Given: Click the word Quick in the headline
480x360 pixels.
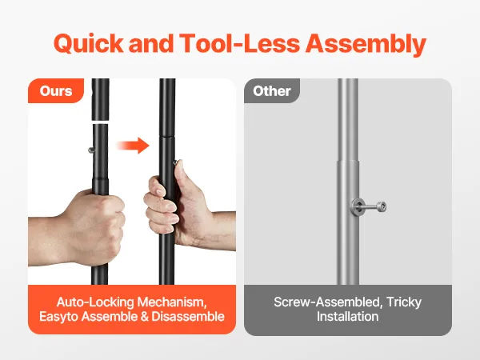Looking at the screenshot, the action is click(89, 43).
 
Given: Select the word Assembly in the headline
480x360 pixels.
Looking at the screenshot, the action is click(366, 44).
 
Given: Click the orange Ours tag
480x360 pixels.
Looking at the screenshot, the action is click(56, 91).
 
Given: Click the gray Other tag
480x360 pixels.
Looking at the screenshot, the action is click(272, 91).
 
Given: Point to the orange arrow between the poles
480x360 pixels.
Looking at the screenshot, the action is click(133, 145).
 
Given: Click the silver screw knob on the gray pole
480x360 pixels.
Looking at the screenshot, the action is click(368, 206).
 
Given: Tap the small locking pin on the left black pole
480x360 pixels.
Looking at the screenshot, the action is click(91, 150).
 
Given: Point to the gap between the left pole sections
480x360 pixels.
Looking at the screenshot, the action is click(100, 122).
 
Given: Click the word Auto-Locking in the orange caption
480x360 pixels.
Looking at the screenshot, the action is click(95, 302).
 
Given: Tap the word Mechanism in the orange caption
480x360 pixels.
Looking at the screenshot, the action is click(172, 302).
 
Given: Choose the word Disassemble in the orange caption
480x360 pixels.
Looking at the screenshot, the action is click(188, 317).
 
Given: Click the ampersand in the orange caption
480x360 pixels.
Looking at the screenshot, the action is click(145, 317).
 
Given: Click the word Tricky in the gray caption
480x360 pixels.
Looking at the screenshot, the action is click(404, 302).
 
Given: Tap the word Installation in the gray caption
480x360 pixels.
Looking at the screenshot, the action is click(348, 317).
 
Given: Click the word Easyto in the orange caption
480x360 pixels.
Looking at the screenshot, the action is click(58, 317).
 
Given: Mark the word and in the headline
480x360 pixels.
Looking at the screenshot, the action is click(151, 43).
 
